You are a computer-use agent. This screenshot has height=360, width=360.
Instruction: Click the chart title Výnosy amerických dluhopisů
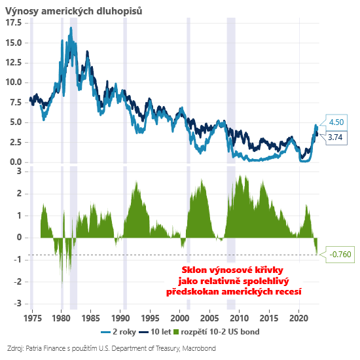73,10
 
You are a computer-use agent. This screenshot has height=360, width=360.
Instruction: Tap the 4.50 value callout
336,122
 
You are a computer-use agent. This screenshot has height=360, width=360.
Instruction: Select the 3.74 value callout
335,137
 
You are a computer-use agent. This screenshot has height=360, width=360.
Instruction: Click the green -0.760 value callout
340,255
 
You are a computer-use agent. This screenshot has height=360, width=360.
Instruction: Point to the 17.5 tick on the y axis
14,23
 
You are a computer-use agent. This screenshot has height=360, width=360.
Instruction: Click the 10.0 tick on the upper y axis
14,82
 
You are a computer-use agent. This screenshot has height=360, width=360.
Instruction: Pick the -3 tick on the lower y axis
18,304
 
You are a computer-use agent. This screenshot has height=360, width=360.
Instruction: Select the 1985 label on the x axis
91,319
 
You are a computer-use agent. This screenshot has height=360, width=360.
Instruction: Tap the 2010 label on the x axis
239,319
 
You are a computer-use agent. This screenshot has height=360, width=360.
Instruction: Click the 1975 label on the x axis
33,319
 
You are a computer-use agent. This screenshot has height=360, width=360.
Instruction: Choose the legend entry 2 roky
118,332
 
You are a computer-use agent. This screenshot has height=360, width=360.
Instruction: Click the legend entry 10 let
155,332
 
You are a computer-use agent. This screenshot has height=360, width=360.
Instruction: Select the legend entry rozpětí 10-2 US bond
216,332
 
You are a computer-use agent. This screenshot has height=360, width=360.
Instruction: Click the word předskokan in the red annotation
192,291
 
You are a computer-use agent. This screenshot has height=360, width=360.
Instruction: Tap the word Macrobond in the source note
199,348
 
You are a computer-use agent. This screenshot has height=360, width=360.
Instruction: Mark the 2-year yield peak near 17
71,28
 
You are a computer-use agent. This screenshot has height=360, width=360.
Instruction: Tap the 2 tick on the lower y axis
19,194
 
